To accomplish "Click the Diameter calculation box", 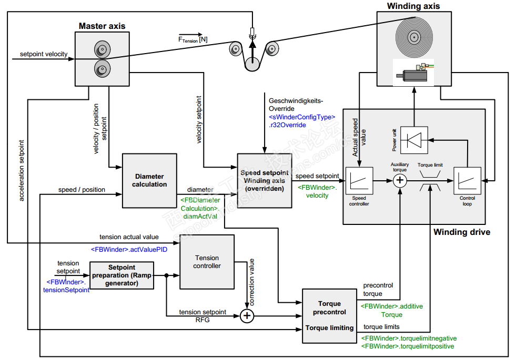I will [149, 180].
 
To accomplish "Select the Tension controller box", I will [207, 262].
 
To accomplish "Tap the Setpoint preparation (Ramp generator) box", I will [122, 275].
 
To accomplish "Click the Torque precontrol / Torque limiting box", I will [329, 315].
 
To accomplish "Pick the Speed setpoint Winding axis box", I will [264, 180].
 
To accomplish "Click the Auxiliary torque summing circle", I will [400, 181].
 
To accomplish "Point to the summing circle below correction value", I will [247, 316].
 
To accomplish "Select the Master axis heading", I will [102, 26].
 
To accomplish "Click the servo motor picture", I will [414, 74].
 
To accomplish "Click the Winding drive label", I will [461, 232].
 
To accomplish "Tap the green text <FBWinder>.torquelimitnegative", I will [408, 338].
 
